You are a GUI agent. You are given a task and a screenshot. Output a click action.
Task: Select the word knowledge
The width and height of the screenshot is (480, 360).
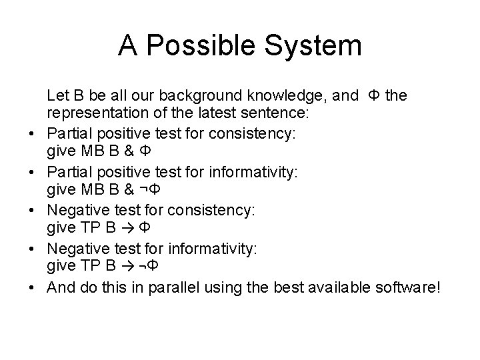[x=289, y=96]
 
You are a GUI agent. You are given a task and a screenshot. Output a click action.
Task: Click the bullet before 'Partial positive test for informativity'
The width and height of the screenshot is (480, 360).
[x=31, y=172]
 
